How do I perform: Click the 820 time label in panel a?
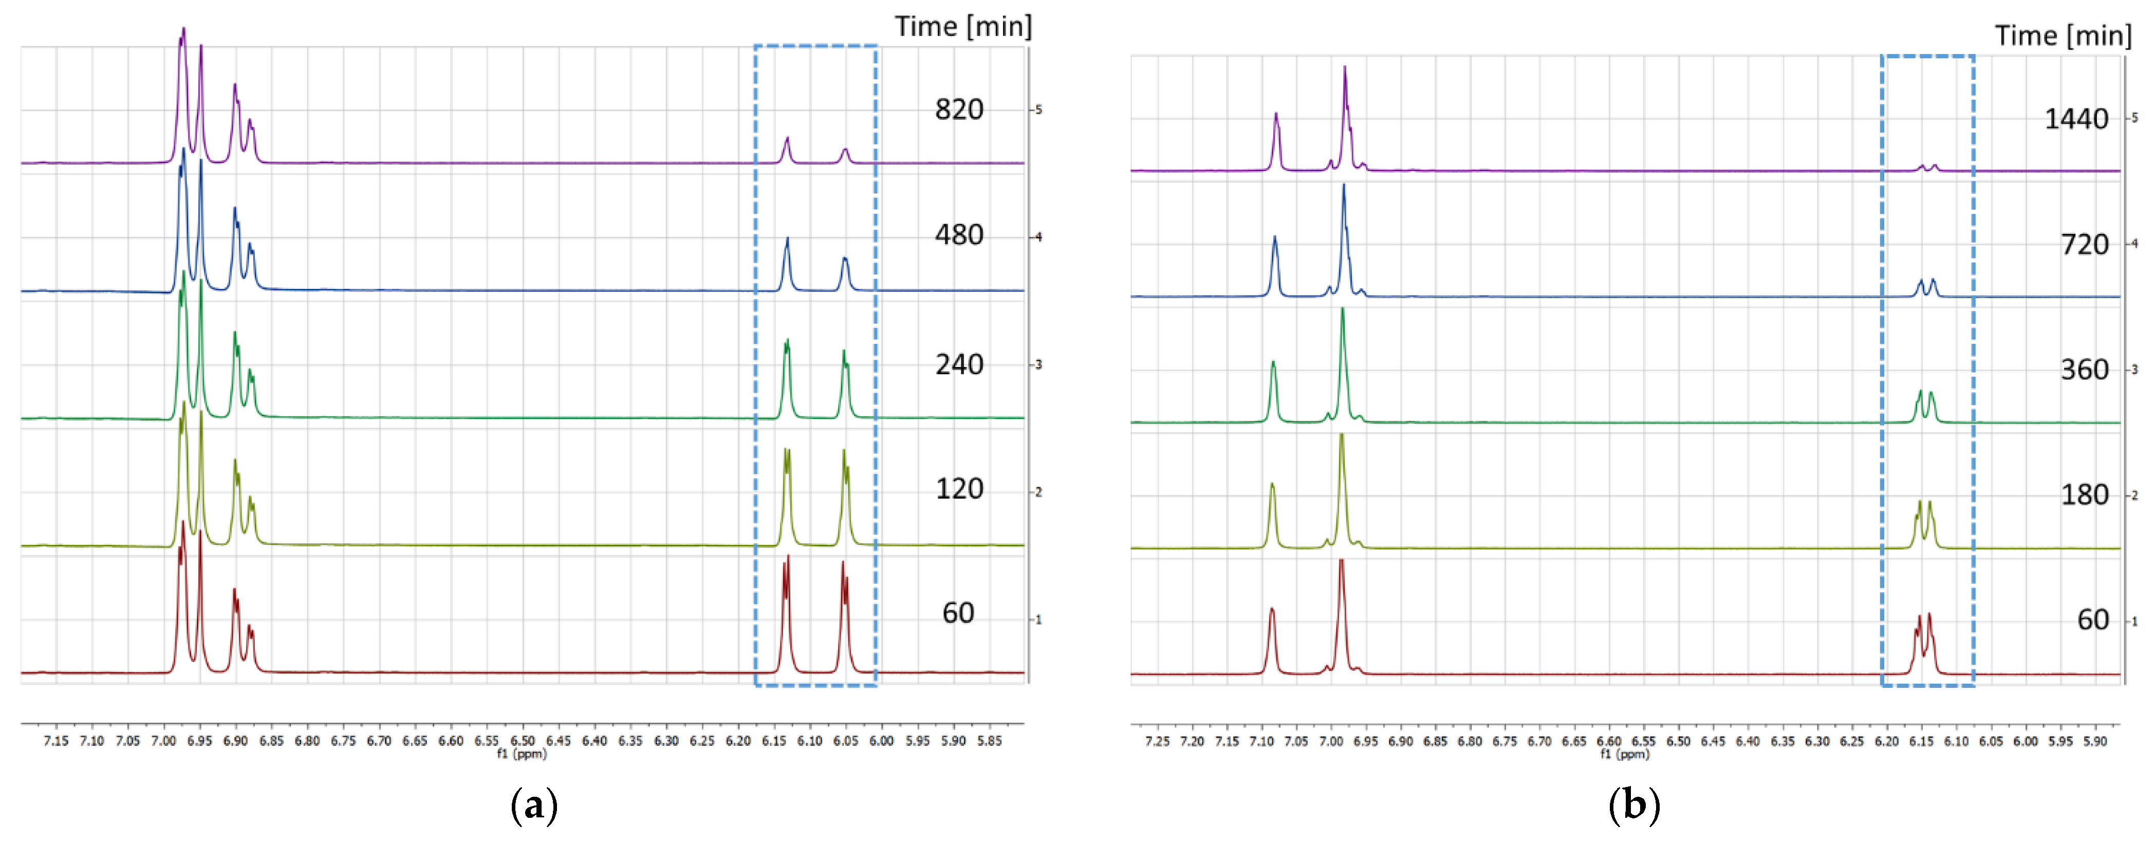point(959,109)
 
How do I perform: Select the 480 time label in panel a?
point(959,235)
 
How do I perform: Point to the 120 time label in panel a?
point(959,489)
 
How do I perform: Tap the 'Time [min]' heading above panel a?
point(963,27)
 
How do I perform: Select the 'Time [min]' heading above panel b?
point(2063,36)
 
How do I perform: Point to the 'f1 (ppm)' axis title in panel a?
point(522,754)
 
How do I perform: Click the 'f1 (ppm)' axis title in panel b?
point(1625,754)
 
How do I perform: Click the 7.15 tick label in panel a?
point(56,741)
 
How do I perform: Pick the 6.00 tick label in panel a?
point(881,741)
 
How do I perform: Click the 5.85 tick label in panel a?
point(989,741)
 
